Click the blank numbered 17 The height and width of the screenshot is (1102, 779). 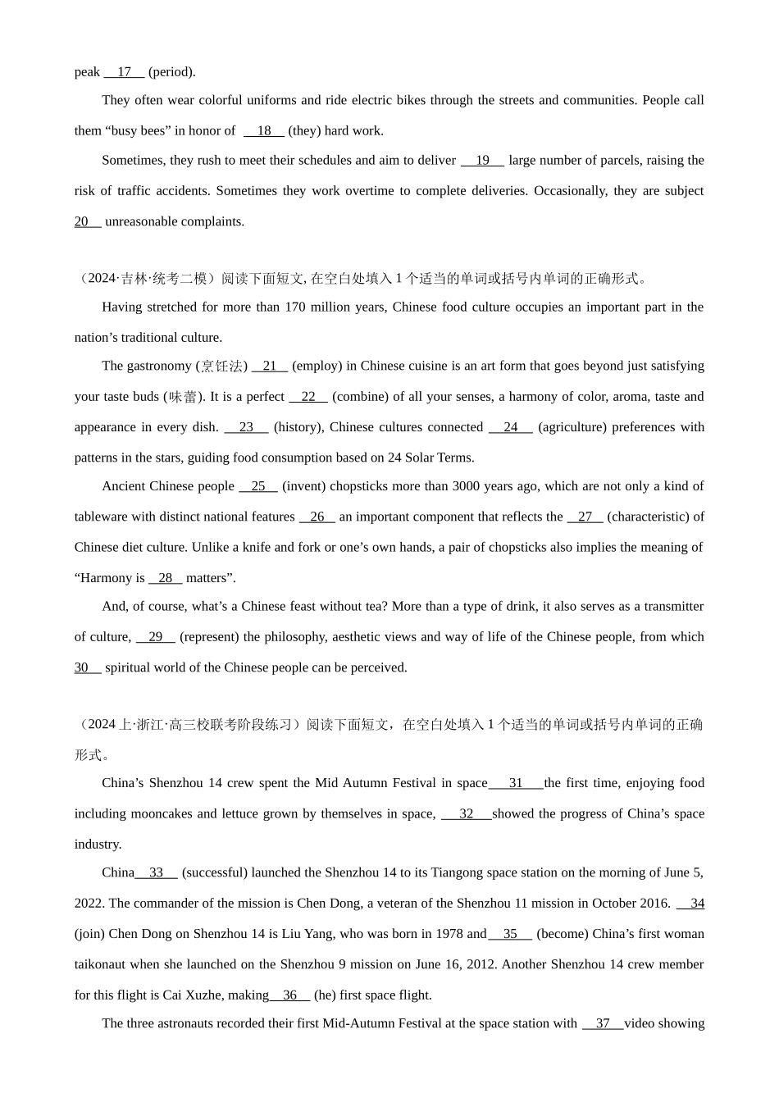click(124, 72)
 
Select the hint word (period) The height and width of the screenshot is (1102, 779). click(171, 72)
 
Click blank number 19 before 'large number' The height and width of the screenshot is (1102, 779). click(482, 161)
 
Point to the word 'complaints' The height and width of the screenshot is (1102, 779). click(215, 221)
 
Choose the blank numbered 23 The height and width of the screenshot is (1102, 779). click(246, 427)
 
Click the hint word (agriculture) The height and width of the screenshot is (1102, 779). click(573, 427)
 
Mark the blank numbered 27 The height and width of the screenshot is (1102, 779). click(585, 517)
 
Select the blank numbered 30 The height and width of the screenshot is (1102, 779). click(87, 667)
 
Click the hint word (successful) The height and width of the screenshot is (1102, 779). click(214, 873)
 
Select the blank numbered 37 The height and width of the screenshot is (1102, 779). click(603, 1024)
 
